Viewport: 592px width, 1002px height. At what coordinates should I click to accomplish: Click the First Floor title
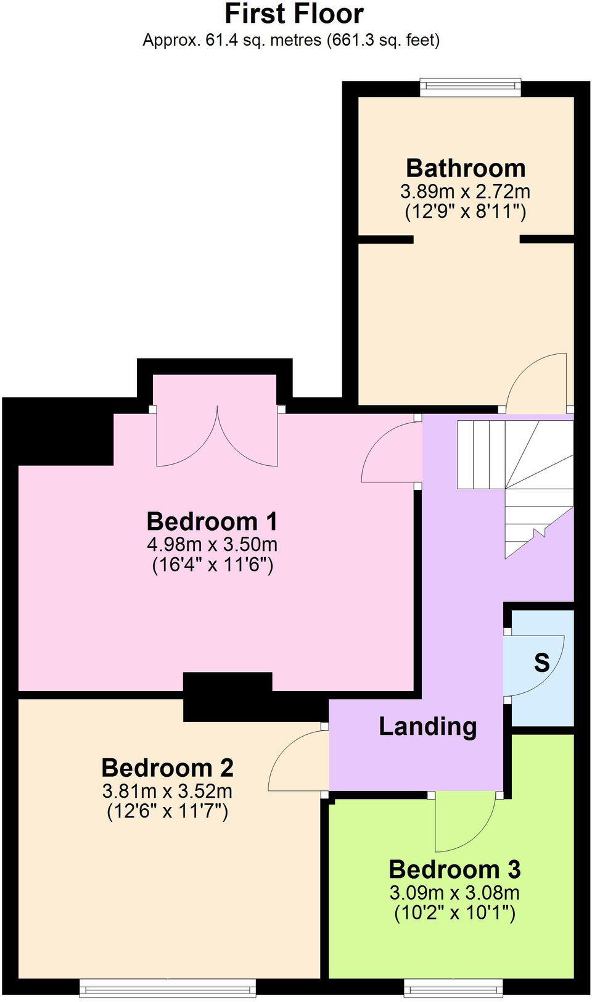[294, 14]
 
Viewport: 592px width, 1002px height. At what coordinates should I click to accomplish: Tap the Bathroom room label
[466, 168]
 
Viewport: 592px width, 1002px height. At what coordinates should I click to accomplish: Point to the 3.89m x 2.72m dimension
[466, 191]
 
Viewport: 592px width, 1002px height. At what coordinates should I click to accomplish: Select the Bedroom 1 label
[212, 521]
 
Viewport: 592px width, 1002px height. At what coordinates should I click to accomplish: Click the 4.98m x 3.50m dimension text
[212, 544]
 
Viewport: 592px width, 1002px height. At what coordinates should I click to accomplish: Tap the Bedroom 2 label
[167, 768]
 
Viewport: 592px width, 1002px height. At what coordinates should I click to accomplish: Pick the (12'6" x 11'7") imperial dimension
[167, 811]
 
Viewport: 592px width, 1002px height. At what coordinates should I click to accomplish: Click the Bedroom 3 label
[454, 869]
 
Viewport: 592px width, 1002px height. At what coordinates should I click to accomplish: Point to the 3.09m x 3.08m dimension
[454, 892]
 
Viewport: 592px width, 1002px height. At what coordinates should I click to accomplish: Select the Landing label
[427, 726]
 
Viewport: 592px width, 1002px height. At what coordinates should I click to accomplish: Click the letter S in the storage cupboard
[541, 663]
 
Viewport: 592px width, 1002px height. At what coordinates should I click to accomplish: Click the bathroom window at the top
[471, 87]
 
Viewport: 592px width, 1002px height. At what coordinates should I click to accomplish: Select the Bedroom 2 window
[169, 989]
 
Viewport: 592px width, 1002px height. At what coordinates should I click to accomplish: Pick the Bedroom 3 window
[453, 989]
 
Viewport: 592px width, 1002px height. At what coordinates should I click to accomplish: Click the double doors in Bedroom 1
[217, 438]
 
